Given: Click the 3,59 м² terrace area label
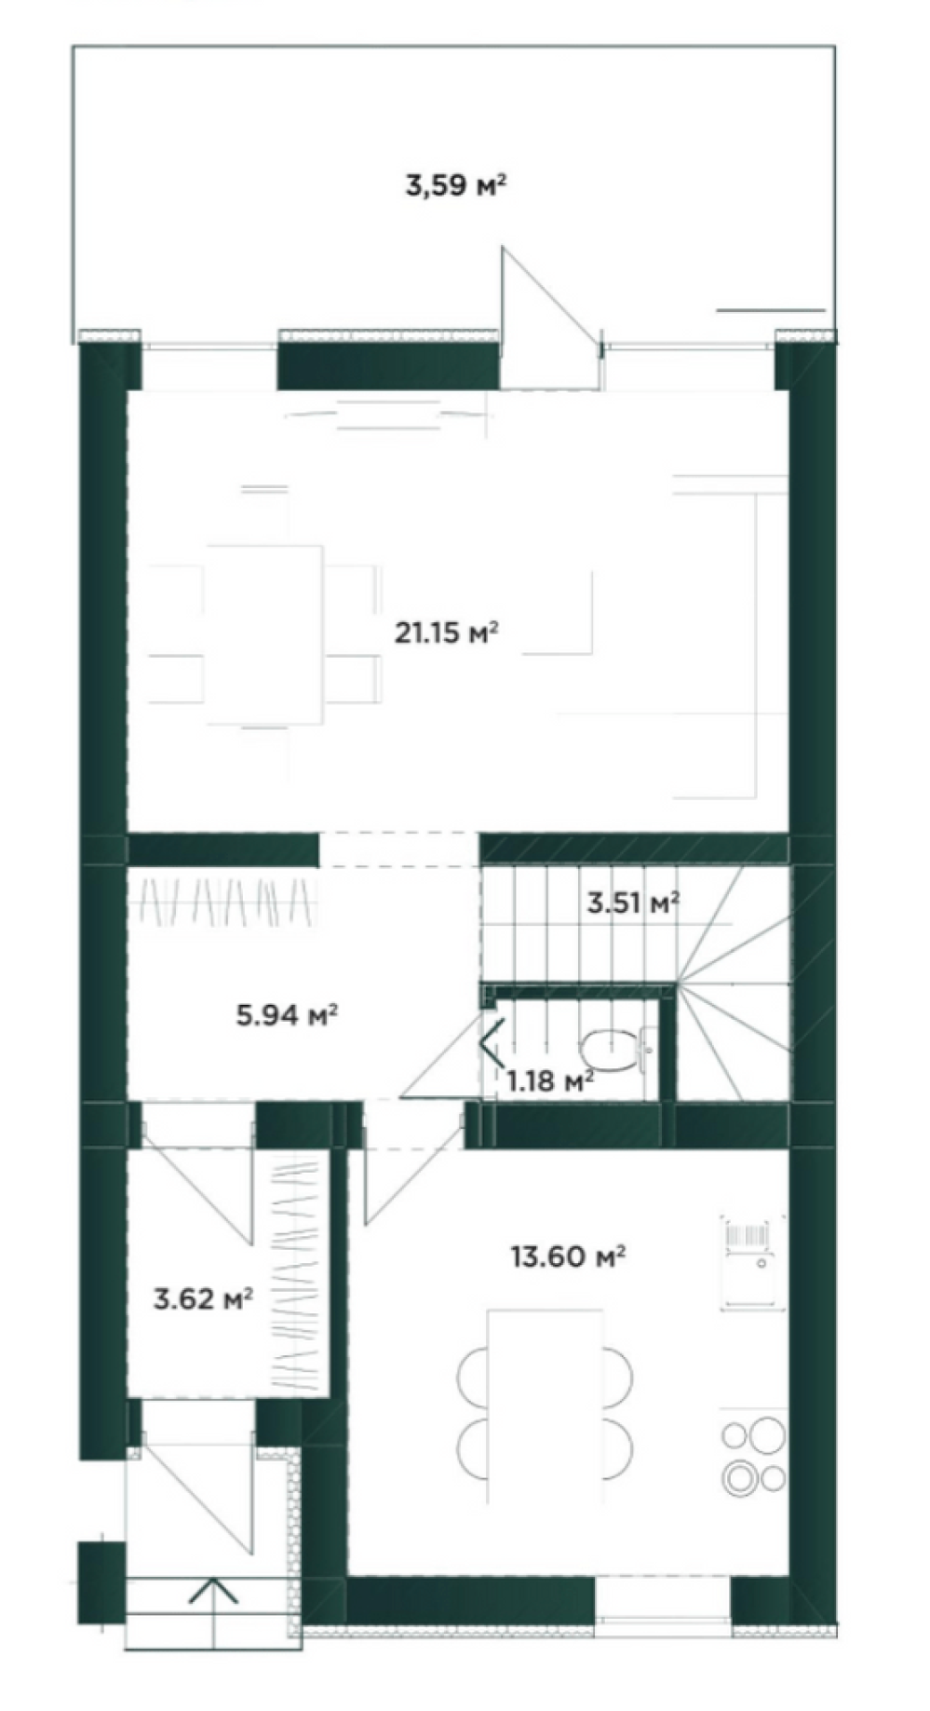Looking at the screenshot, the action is pyautogui.click(x=455, y=184).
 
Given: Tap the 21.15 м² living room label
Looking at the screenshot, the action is pyautogui.click(x=447, y=633).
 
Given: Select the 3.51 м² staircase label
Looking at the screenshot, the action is pyautogui.click(x=633, y=903).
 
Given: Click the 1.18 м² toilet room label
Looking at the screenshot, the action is pyautogui.click(x=550, y=1081).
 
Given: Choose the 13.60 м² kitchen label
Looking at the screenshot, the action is pyautogui.click(x=567, y=1256).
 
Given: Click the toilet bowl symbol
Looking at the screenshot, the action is pyautogui.click(x=617, y=1050).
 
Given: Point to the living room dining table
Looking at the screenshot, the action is pyautogui.click(x=265, y=635).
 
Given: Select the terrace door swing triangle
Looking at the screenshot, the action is pyautogui.click(x=549, y=317).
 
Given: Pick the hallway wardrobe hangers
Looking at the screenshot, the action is pyautogui.click(x=226, y=902).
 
